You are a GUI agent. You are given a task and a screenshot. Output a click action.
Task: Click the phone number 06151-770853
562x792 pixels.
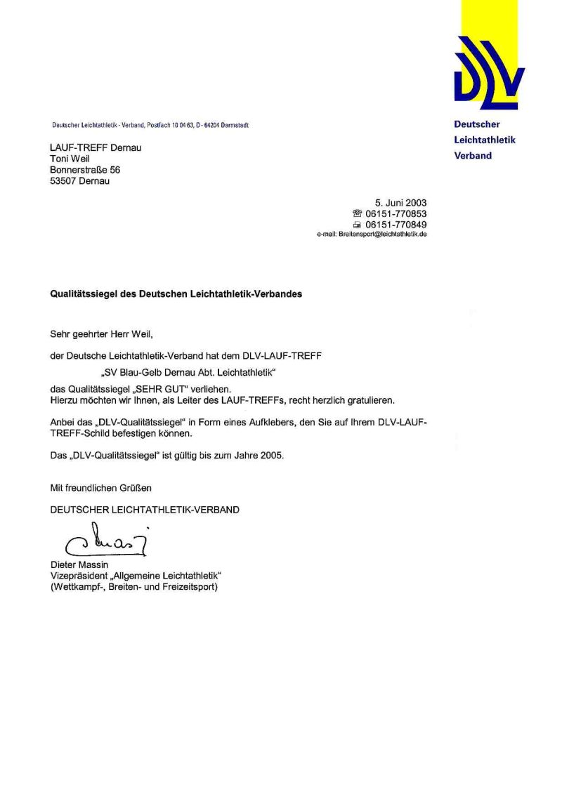396,214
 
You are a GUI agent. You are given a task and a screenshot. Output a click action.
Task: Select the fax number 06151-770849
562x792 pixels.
396,225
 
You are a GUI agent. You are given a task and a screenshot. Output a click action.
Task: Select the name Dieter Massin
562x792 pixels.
78,565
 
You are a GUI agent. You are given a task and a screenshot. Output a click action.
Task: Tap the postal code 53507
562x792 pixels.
64,181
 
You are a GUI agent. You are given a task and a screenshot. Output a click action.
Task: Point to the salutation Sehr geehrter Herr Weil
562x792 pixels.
100,335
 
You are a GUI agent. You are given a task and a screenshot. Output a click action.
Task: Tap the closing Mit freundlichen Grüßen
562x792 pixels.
100,487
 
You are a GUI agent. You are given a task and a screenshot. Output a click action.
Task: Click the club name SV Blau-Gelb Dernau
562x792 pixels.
161,371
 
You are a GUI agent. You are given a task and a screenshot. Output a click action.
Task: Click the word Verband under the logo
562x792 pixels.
473,156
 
